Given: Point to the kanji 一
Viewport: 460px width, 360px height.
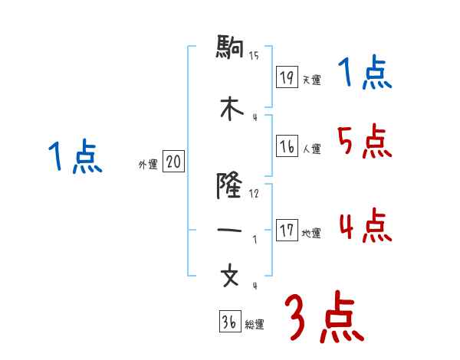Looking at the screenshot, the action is (x=230, y=229).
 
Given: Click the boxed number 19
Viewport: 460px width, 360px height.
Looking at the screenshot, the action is (x=287, y=77).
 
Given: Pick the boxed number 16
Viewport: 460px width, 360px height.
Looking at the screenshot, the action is (x=287, y=147).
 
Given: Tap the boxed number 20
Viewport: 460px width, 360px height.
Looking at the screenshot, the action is (x=174, y=162).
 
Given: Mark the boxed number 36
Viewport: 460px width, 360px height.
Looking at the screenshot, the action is (x=229, y=322).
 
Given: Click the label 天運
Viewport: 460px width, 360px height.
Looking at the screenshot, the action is (x=311, y=80).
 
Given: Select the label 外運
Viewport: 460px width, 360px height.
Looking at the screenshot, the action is (x=148, y=165).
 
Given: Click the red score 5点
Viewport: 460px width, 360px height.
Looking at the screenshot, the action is (x=363, y=141).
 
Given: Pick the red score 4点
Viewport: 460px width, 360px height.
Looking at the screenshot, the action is (x=363, y=224).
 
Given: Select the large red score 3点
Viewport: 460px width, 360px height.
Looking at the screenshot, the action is (x=324, y=317).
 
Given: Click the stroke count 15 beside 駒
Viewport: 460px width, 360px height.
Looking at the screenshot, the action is (x=255, y=54).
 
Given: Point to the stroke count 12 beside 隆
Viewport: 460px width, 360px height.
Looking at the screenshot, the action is (x=255, y=193).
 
